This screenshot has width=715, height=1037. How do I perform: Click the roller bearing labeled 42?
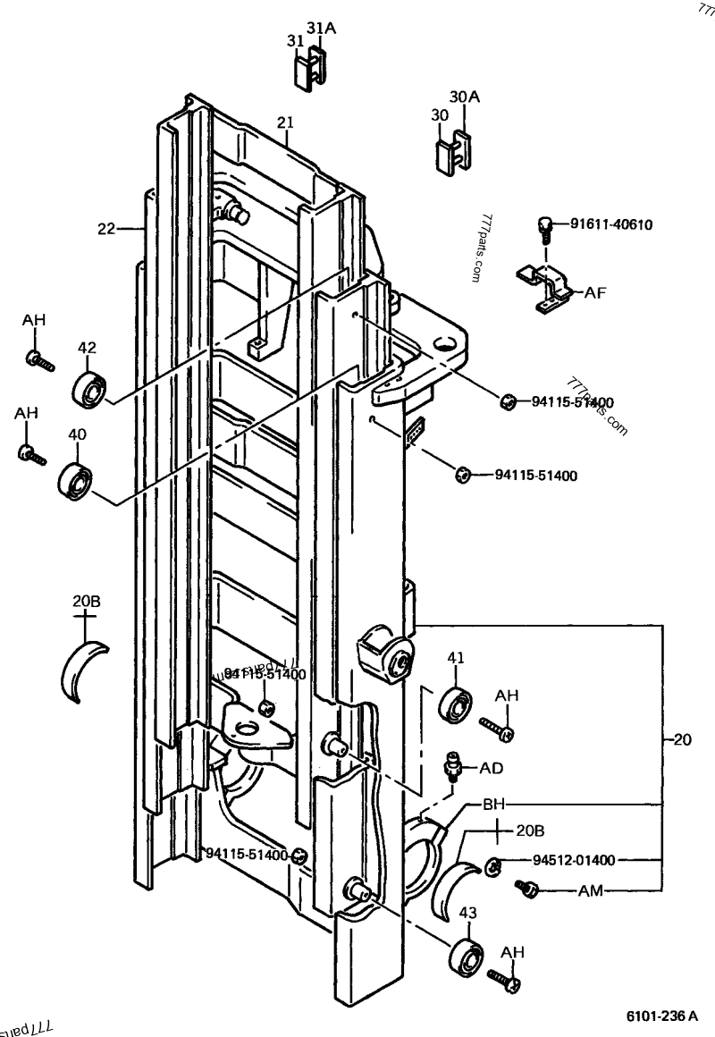[x=90, y=388]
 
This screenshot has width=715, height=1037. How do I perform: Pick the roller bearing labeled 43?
[x=467, y=956]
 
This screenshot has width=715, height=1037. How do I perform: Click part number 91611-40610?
[x=612, y=223]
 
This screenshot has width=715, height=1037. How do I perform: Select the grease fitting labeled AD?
[x=452, y=765]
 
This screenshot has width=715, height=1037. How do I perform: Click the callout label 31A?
[x=321, y=29]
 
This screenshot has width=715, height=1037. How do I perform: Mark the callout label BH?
[x=494, y=803]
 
